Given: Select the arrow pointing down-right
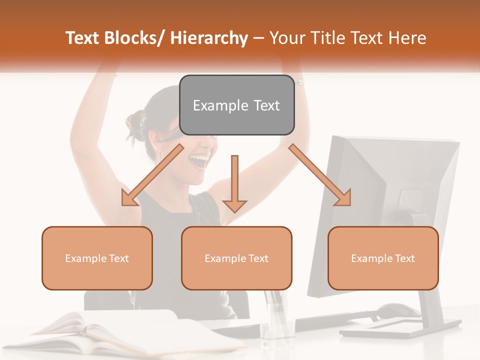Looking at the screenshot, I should point(320,175).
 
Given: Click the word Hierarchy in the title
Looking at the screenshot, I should point(209,38).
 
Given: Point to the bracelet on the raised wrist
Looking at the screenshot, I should point(299,80).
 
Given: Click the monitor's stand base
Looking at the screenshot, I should point(400,327).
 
